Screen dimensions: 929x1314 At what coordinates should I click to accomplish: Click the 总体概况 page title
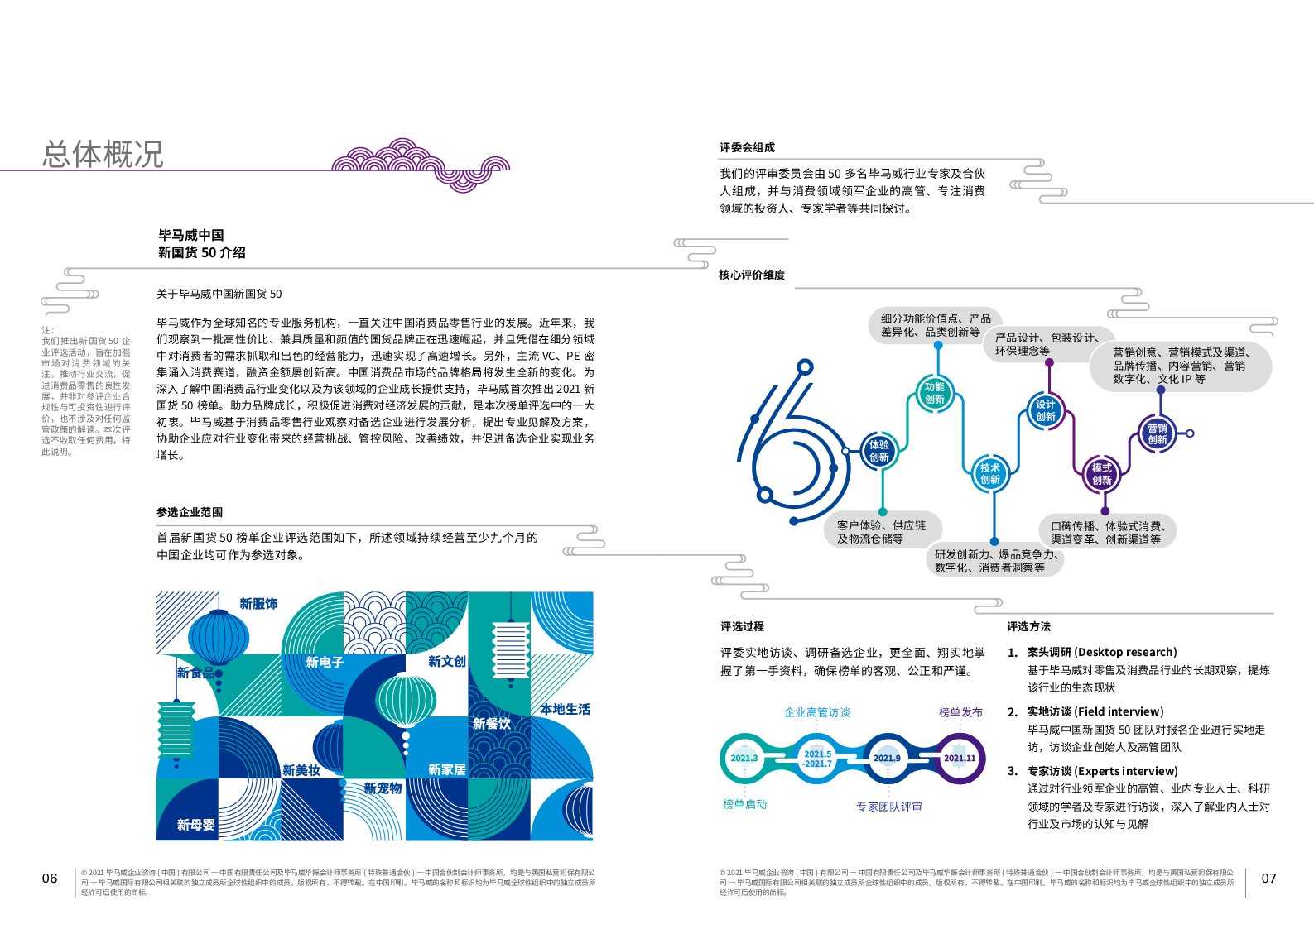point(103,155)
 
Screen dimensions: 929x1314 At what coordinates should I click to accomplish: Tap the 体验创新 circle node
point(879,451)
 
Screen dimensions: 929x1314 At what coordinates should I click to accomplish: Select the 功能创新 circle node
point(935,393)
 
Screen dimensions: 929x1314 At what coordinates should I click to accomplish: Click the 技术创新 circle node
point(990,473)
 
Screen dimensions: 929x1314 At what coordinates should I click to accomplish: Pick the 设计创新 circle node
point(1046,410)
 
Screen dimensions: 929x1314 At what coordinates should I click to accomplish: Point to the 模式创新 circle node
point(1101,474)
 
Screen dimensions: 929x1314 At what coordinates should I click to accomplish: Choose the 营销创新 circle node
point(1158,433)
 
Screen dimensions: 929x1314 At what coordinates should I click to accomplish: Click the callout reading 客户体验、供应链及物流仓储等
point(881,532)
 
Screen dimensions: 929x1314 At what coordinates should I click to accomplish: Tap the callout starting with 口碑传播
point(1107,532)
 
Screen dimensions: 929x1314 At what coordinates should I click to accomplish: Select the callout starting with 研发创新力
point(994,561)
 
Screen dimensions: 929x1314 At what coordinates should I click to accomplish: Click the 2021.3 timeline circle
point(744,758)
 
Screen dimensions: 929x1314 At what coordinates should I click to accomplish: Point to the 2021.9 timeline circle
point(887,758)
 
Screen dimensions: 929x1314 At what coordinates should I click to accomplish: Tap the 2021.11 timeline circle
point(960,758)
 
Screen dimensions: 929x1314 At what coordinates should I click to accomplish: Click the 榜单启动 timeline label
point(744,804)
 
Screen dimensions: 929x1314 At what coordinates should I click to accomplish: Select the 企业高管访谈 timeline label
point(816,712)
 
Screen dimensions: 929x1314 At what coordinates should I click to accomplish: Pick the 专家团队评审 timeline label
point(888,807)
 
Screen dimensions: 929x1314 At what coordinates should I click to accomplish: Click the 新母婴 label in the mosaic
point(195,825)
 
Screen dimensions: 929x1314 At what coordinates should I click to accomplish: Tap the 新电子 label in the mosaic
point(325,662)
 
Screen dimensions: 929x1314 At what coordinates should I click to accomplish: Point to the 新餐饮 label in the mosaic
point(492,724)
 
